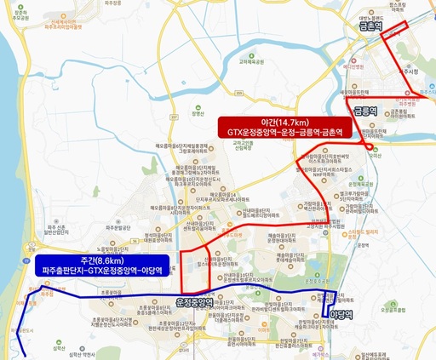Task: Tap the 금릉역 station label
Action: point(364,111)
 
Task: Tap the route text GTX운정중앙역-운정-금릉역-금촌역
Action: point(284,134)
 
